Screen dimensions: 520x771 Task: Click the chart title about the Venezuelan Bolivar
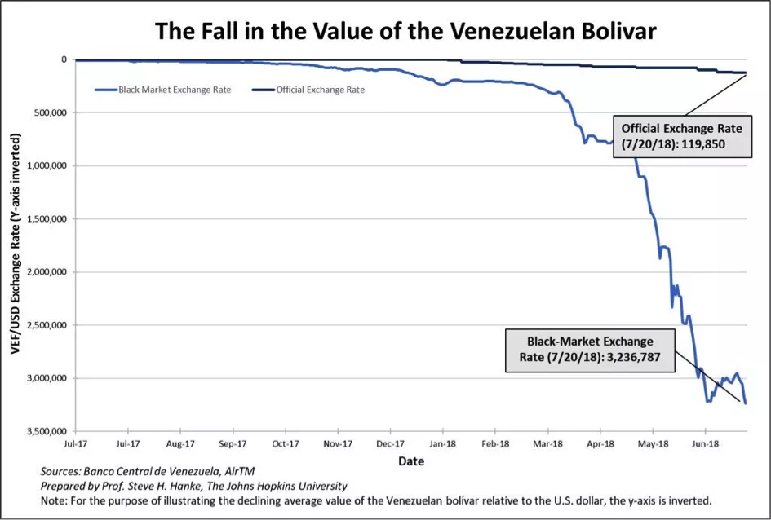pyautogui.click(x=405, y=32)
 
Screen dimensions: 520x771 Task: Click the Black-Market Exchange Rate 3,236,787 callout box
pyautogui.click(x=589, y=350)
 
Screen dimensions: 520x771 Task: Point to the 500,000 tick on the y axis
pyautogui.click(x=51, y=112)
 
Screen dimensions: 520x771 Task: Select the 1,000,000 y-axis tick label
pyautogui.click(x=47, y=165)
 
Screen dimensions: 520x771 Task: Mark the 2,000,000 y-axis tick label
pyautogui.click(x=47, y=272)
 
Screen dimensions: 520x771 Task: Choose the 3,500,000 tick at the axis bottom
pyautogui.click(x=47, y=431)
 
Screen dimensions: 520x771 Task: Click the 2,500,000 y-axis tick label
pyautogui.click(x=47, y=325)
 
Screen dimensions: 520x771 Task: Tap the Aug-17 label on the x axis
pyautogui.click(x=179, y=444)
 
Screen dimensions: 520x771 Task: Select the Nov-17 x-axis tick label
pyautogui.click(x=337, y=444)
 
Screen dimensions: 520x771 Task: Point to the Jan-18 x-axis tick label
pyautogui.click(x=442, y=444)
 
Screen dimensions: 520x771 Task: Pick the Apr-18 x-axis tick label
pyautogui.click(x=600, y=444)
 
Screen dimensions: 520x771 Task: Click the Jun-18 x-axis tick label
pyautogui.click(x=704, y=444)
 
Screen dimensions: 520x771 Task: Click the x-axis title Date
pyautogui.click(x=410, y=461)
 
